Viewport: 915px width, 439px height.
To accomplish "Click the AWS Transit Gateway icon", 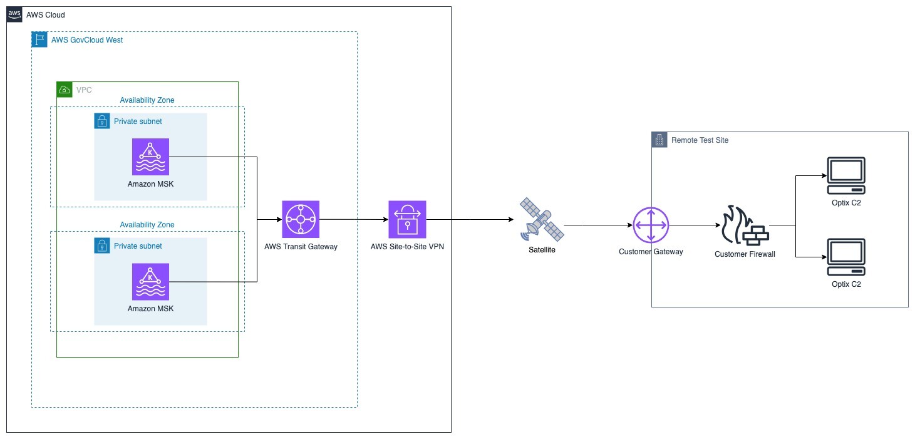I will tap(301, 219).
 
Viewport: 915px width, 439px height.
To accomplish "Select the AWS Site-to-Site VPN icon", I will tap(407, 219).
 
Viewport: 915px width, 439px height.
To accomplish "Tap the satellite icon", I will tap(542, 220).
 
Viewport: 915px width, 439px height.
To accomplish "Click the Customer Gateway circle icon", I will tap(651, 225).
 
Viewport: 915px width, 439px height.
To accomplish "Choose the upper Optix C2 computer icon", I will tap(845, 175).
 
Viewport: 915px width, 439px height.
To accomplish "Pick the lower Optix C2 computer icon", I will tap(845, 257).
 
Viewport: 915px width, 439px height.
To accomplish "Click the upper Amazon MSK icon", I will tap(150, 157).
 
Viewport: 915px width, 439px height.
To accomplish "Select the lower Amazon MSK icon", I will tap(150, 282).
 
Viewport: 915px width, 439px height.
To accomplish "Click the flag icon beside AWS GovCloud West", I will tap(39, 39).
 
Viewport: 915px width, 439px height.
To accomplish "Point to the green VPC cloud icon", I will tap(65, 90).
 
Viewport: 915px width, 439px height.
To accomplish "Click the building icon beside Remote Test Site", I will tap(659, 140).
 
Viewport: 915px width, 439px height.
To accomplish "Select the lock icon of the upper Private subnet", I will tap(101, 121).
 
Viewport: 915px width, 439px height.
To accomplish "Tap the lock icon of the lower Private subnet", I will tap(101, 245).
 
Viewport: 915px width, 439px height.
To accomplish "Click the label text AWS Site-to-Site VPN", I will tap(407, 246).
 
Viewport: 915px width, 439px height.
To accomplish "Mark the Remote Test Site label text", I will tap(700, 140).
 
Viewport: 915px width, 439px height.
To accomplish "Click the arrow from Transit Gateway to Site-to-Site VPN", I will tap(354, 219).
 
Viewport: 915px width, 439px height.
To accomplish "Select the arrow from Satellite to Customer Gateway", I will tap(598, 225).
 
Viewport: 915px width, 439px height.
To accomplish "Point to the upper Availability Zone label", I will tap(147, 100).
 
